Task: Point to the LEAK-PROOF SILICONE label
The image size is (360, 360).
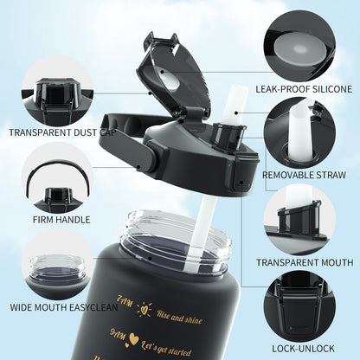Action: tap(303, 89)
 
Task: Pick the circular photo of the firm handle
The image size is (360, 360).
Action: tap(56, 176)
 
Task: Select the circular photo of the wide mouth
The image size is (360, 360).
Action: tap(57, 263)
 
